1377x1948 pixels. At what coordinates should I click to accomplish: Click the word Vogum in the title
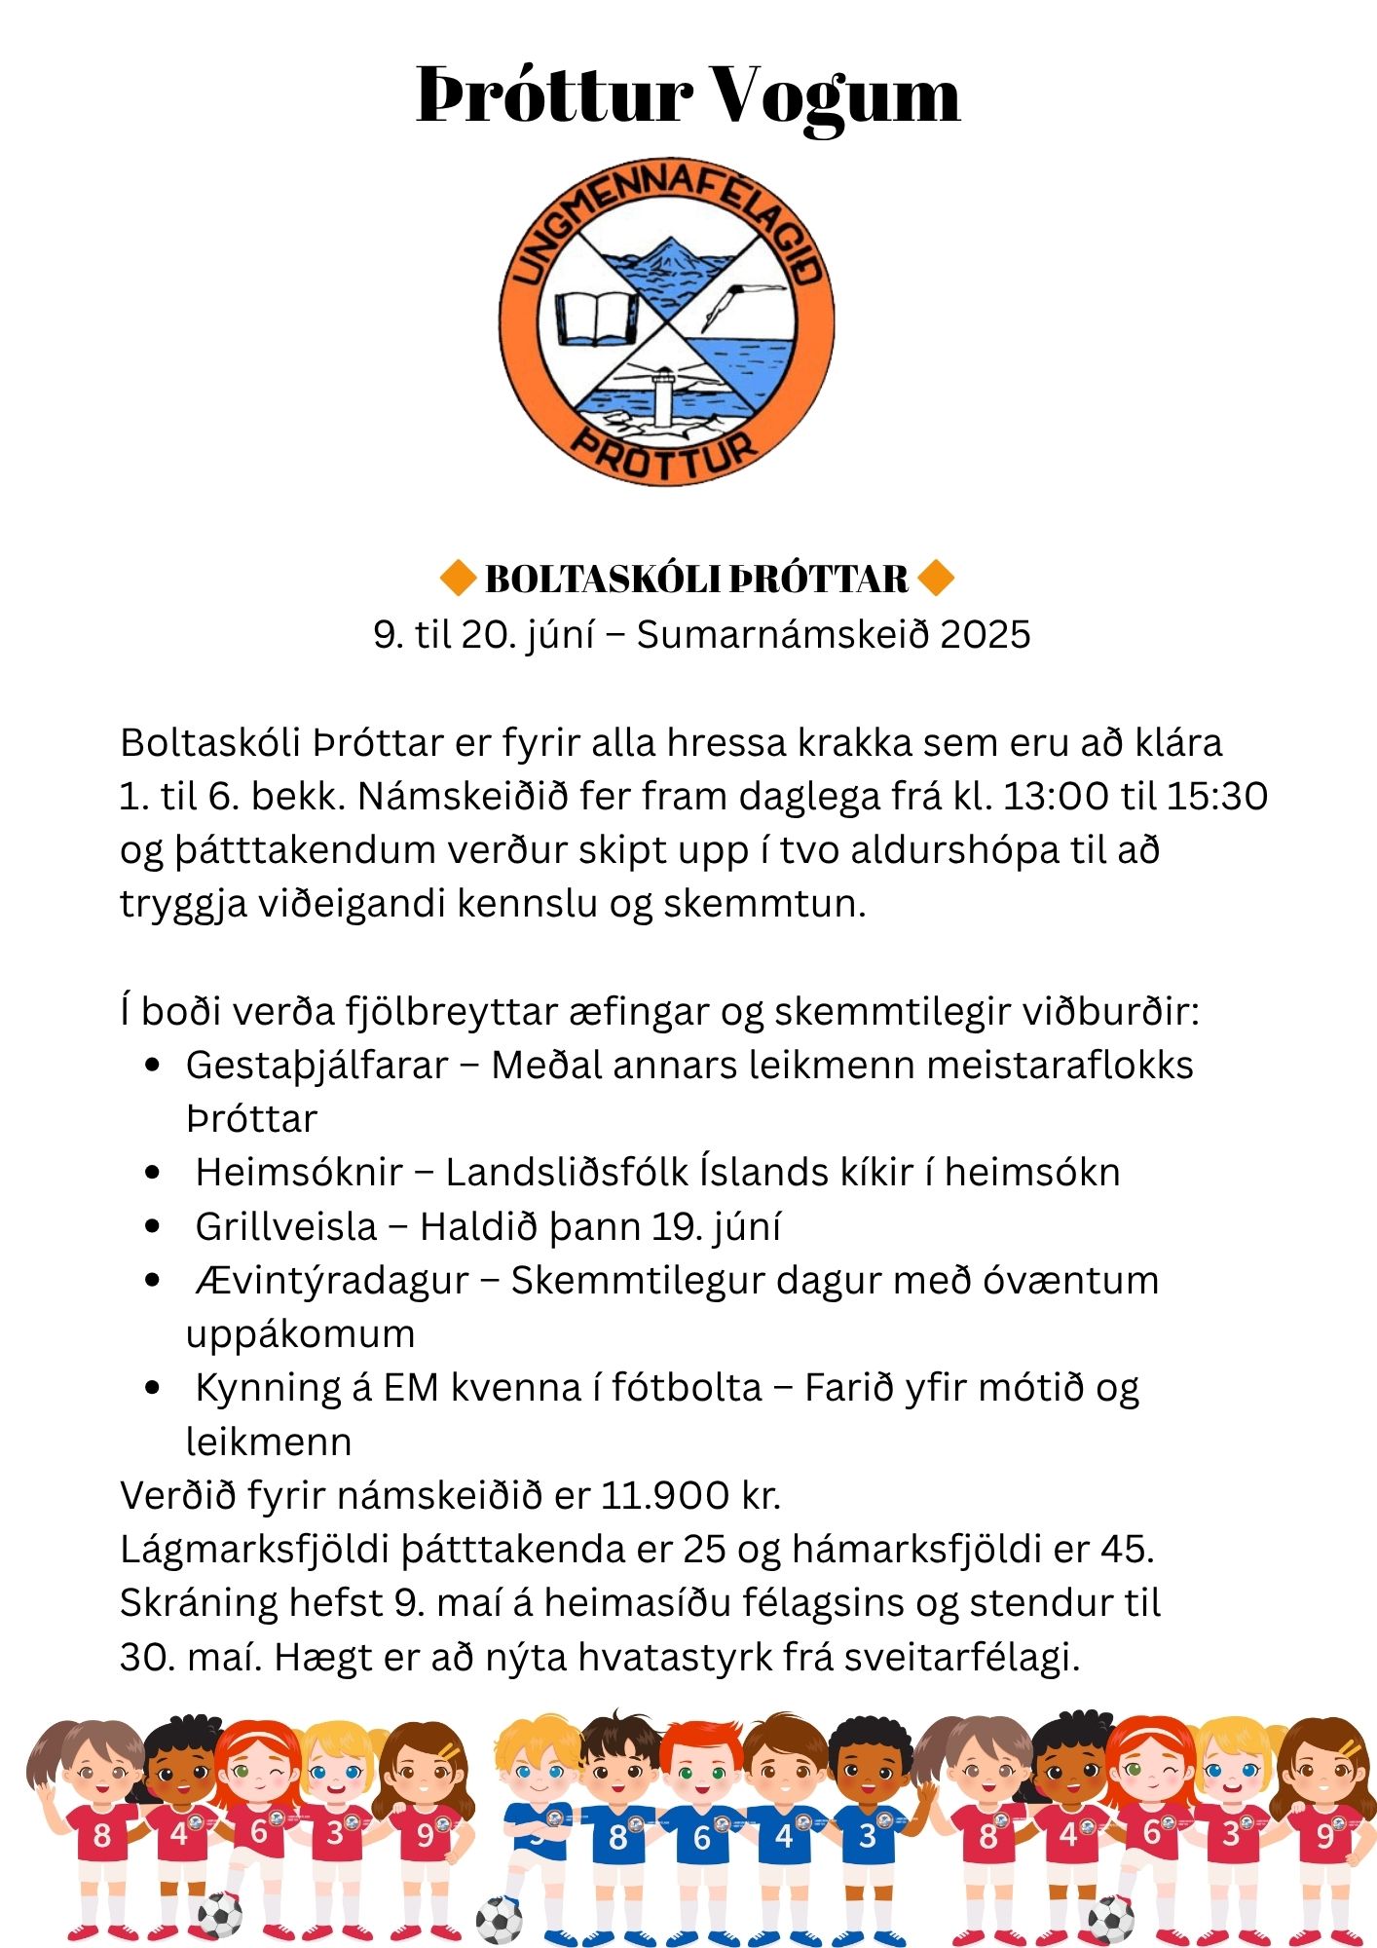[x=837, y=95]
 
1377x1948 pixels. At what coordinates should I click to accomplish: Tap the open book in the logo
[x=596, y=318]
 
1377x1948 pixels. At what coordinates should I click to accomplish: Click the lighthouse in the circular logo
[x=664, y=396]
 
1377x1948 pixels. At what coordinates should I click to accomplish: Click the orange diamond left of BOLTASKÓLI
[x=456, y=579]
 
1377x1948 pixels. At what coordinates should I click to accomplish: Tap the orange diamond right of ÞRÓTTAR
[x=936, y=579]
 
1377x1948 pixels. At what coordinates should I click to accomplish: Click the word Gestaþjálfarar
[x=317, y=1066]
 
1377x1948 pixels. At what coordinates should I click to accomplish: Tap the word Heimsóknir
[x=299, y=1173]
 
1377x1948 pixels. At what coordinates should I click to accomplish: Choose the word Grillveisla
[x=285, y=1226]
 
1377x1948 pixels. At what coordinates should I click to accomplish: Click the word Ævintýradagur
[x=332, y=1280]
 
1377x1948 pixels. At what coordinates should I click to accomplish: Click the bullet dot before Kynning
[x=152, y=1388]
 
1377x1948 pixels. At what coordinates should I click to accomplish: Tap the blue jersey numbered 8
[x=617, y=1838]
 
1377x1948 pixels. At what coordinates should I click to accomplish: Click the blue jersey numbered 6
[x=701, y=1838]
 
